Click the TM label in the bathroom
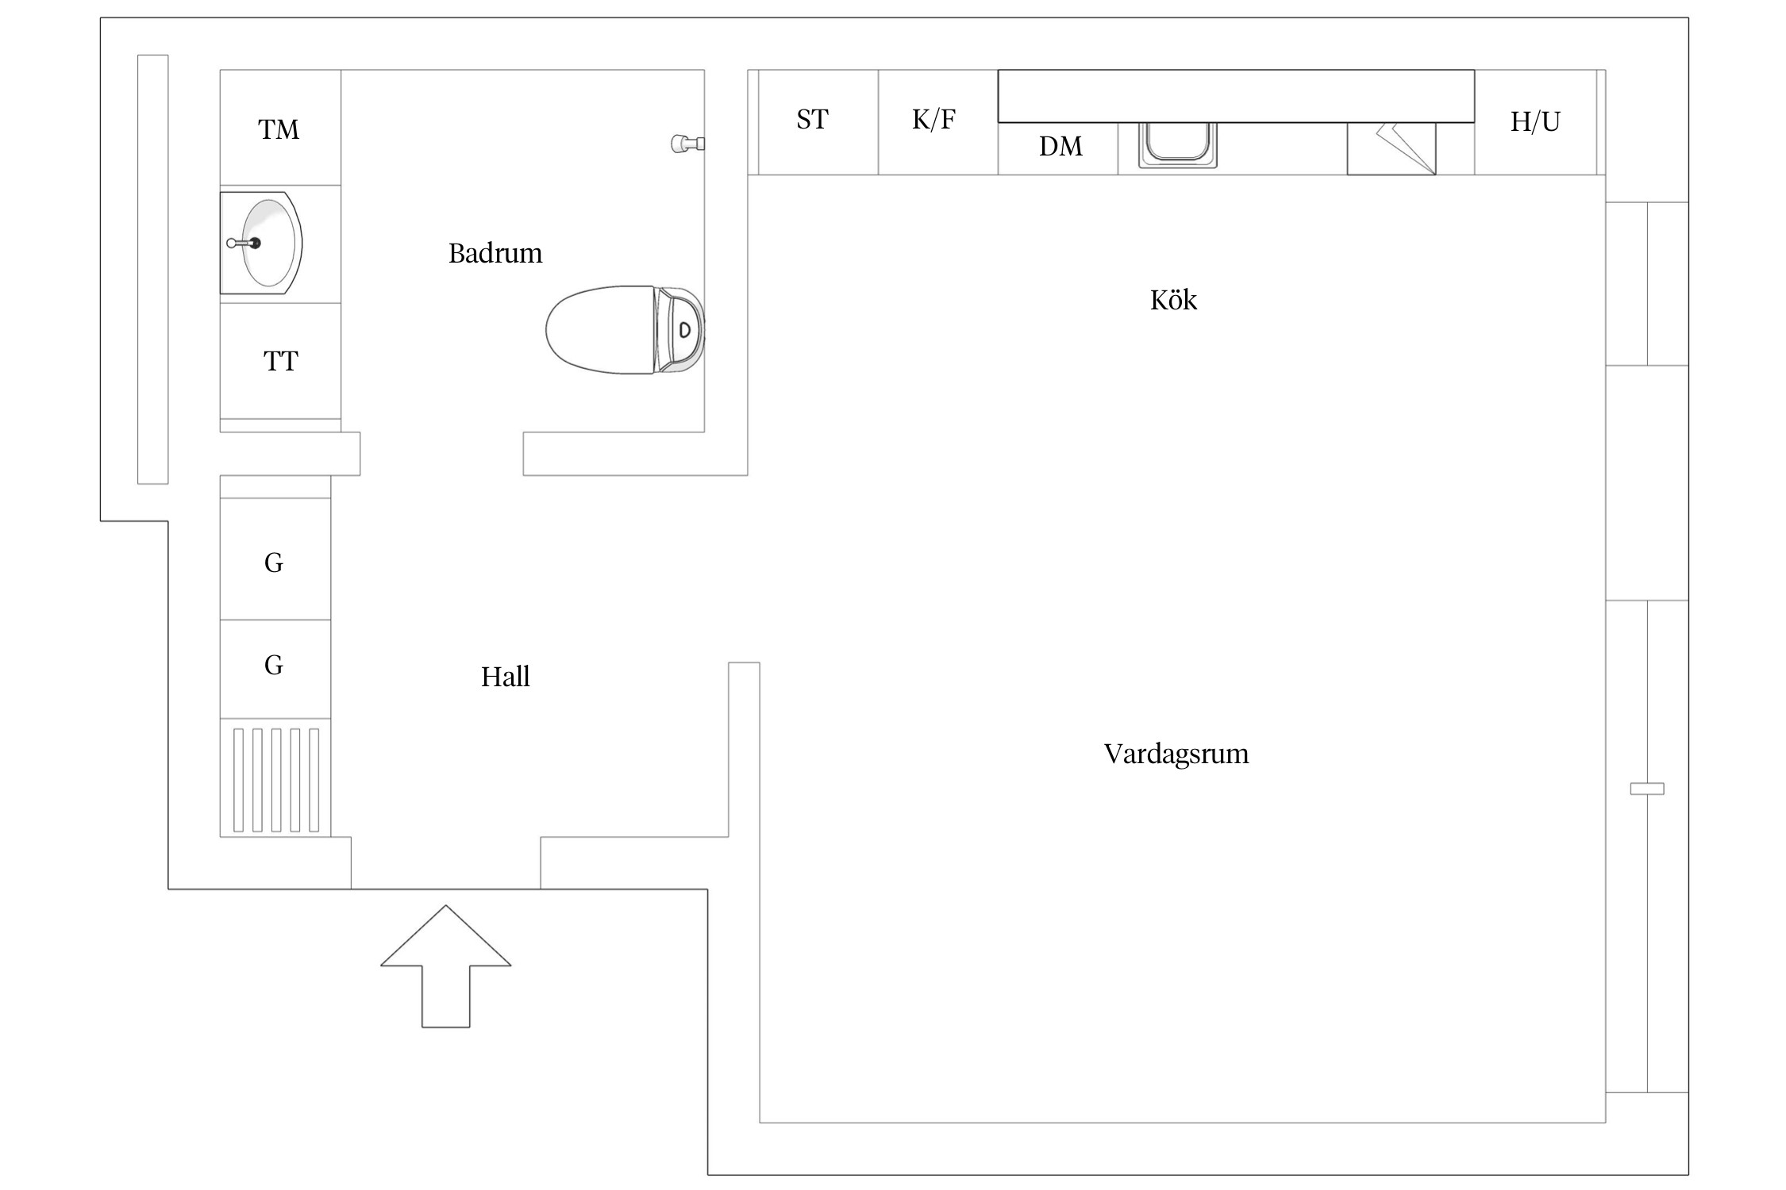pos(279,129)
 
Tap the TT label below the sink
pos(280,362)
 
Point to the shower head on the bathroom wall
pos(686,144)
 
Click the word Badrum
pos(495,254)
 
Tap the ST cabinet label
pos(812,120)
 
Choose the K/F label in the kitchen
pos(933,120)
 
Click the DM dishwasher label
pos(1060,147)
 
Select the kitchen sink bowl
pos(1178,144)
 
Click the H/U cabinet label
pos(1535,122)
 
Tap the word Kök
pos(1173,301)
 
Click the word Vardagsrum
pos(1176,754)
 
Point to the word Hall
pos(505,678)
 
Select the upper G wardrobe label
pos(274,563)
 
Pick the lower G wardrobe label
pos(274,666)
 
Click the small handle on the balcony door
pos(1646,789)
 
